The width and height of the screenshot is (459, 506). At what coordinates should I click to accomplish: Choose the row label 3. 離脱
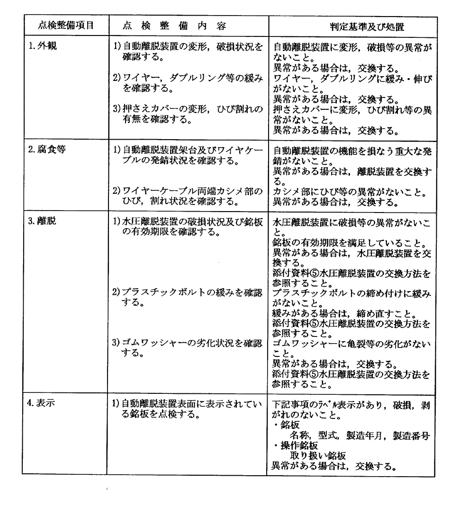point(46,221)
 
